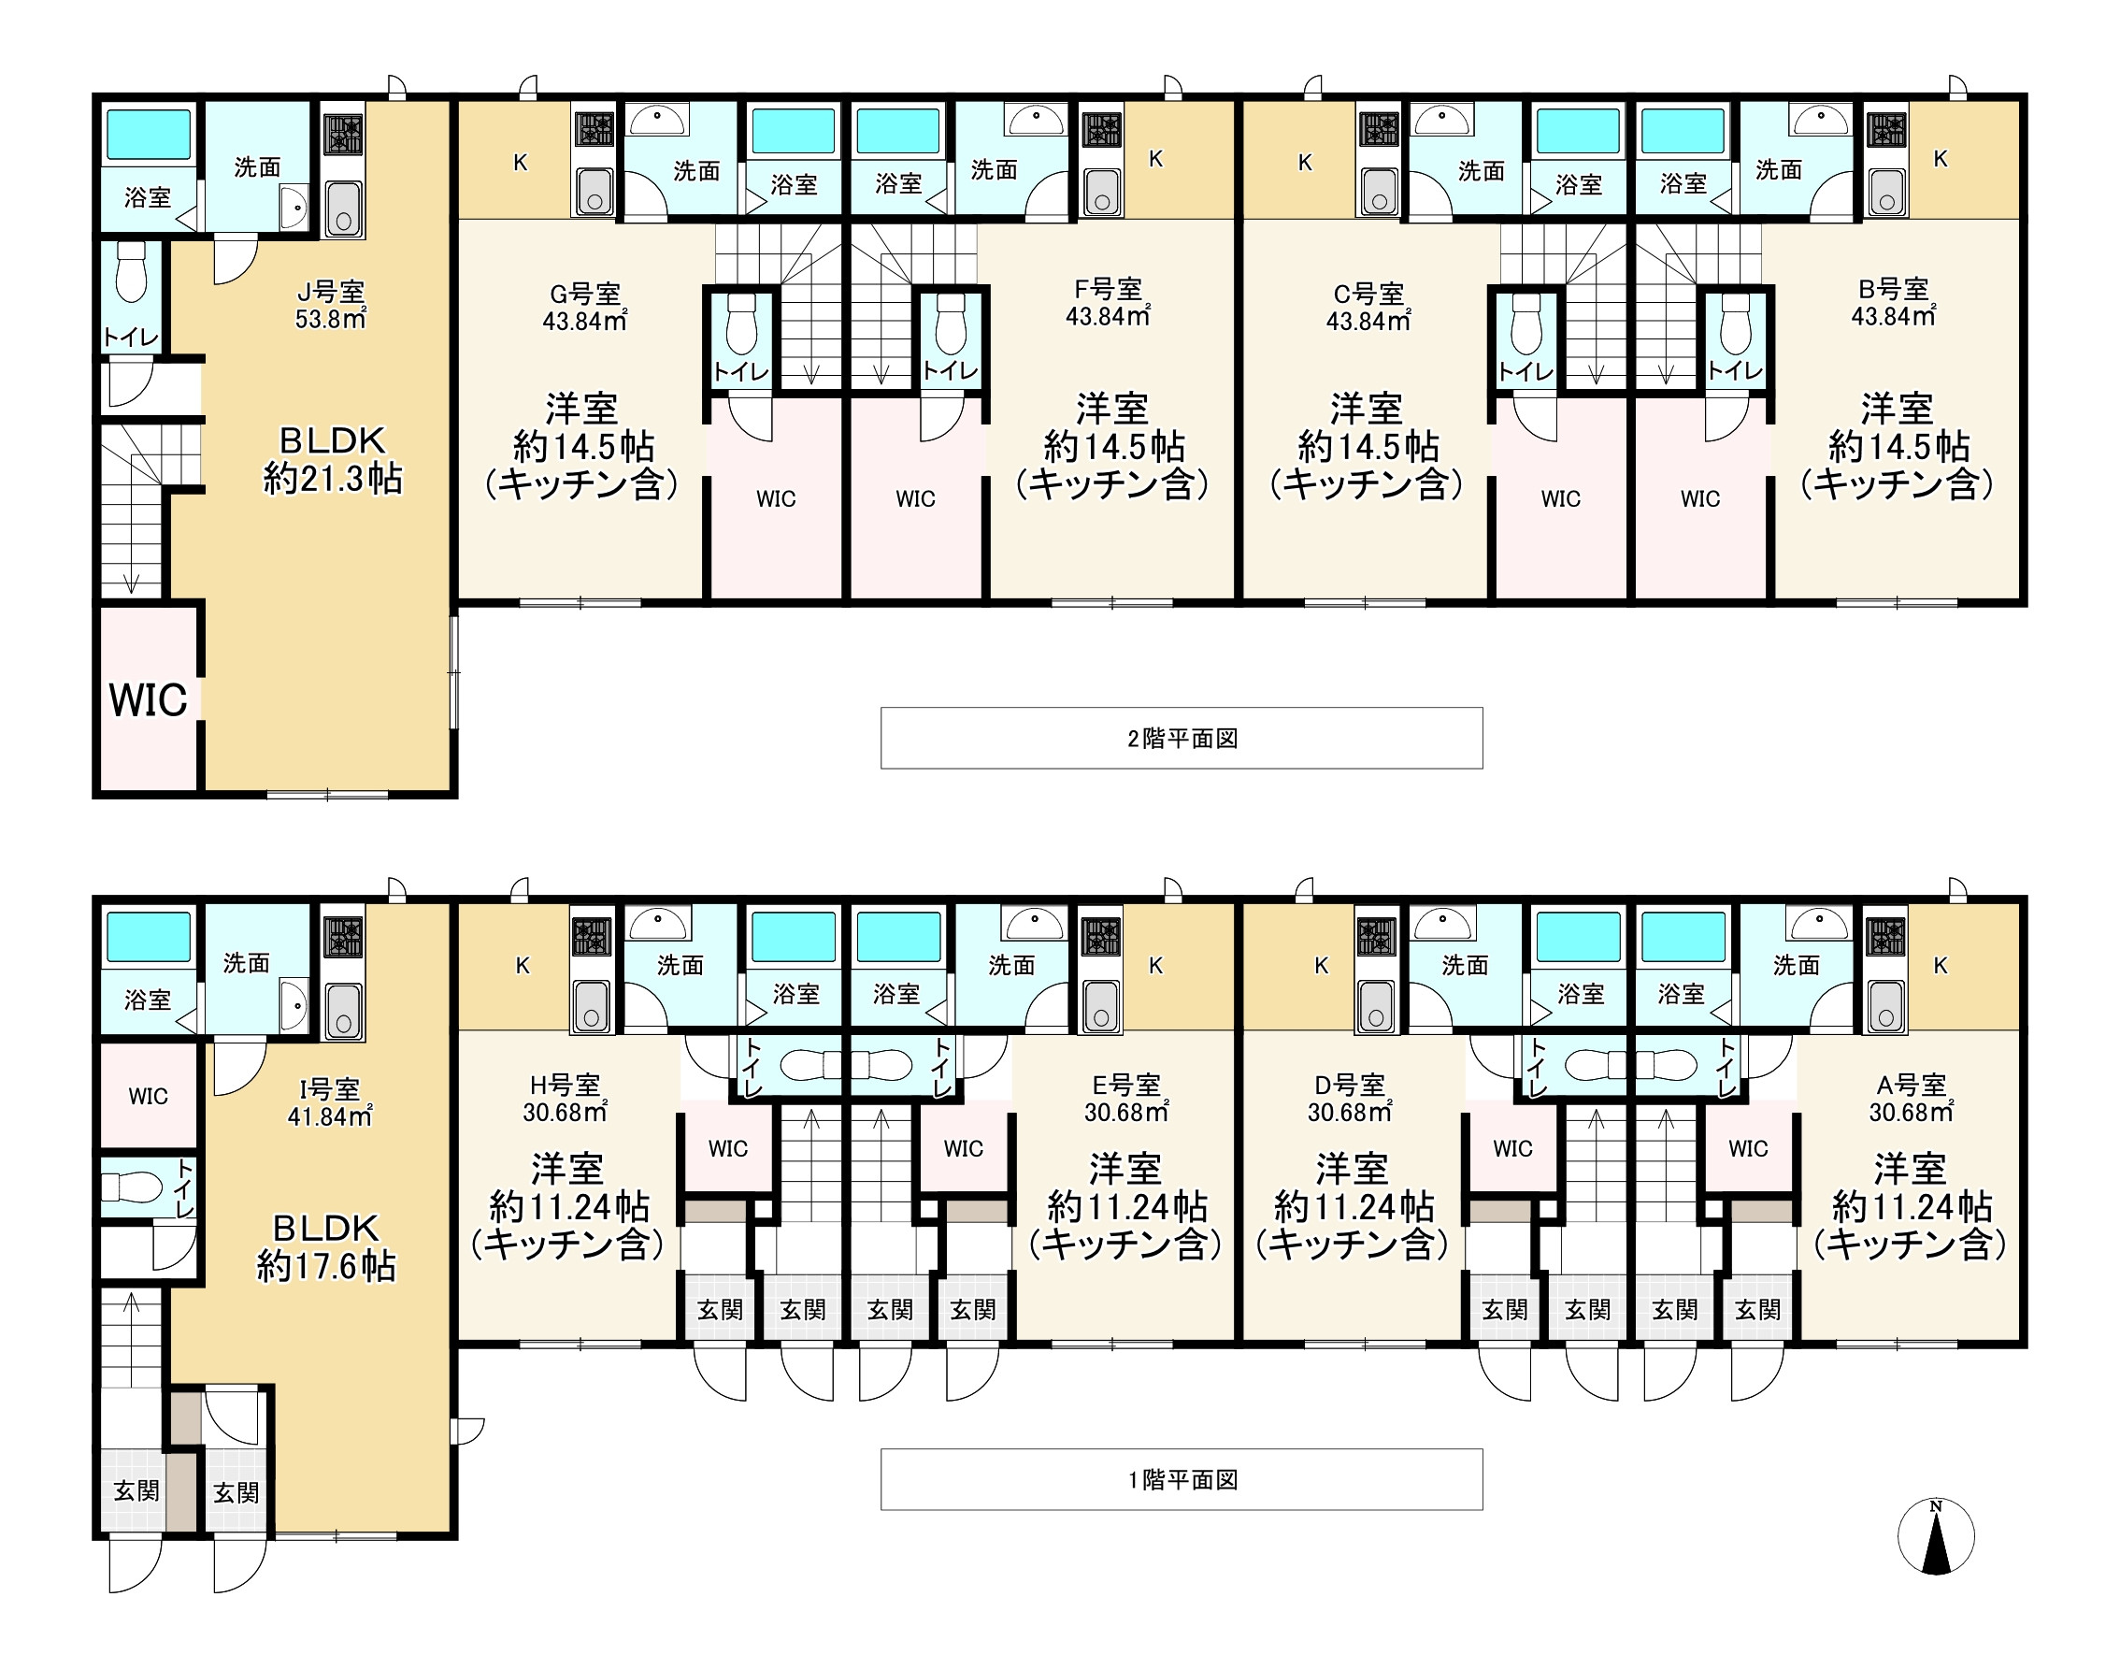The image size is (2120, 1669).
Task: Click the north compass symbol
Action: tap(1935, 1536)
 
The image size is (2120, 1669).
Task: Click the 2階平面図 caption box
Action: tap(1182, 738)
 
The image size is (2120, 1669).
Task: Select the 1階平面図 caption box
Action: tap(1182, 1479)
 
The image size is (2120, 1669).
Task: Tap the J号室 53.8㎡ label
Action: tap(331, 305)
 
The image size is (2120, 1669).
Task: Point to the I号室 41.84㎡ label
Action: tap(330, 1102)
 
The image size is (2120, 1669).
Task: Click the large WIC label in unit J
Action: tap(148, 699)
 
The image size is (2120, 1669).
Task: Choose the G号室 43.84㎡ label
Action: tap(584, 307)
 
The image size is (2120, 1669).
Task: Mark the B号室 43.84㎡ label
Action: tap(1894, 303)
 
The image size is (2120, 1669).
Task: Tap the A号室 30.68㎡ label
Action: tap(1912, 1099)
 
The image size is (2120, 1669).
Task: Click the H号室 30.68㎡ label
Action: tap(566, 1099)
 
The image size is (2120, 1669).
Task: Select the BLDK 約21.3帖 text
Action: tap(332, 459)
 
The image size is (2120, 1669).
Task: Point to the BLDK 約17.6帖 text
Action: tap(326, 1247)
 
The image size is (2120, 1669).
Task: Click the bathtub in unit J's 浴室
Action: tap(149, 134)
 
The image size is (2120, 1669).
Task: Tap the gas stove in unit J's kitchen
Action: tap(343, 134)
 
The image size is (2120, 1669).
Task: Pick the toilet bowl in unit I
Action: tap(131, 1187)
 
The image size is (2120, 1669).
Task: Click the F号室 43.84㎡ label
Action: tap(1108, 303)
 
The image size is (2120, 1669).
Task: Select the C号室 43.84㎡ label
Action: tap(1368, 307)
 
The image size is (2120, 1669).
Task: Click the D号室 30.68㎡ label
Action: tap(1350, 1099)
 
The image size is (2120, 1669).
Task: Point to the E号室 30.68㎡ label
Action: tap(1126, 1099)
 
